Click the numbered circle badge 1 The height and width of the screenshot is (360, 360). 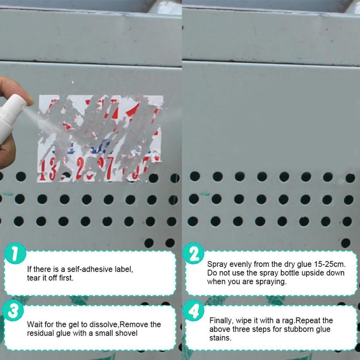(x=15, y=255)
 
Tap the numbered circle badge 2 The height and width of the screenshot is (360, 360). (x=193, y=255)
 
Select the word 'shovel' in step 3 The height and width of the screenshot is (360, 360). (x=126, y=333)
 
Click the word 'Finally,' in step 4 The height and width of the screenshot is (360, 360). (x=222, y=320)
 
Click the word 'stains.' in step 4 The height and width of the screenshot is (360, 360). (x=220, y=338)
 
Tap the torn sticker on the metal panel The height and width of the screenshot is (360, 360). (x=101, y=137)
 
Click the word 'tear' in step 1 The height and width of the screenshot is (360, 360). (x=33, y=278)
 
